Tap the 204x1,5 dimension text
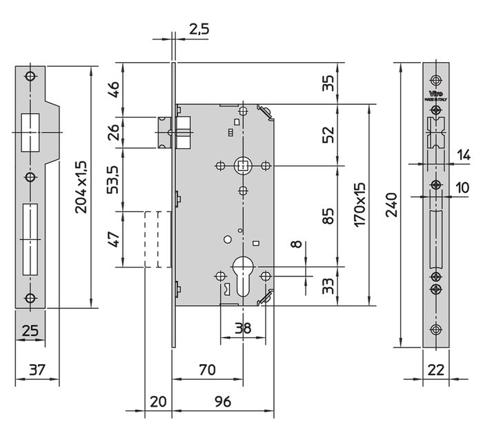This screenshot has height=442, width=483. (82, 186)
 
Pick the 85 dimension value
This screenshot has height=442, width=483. (328, 217)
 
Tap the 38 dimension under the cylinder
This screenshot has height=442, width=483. (242, 329)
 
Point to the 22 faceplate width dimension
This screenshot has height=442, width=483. (435, 370)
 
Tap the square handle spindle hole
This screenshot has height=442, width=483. (242, 165)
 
